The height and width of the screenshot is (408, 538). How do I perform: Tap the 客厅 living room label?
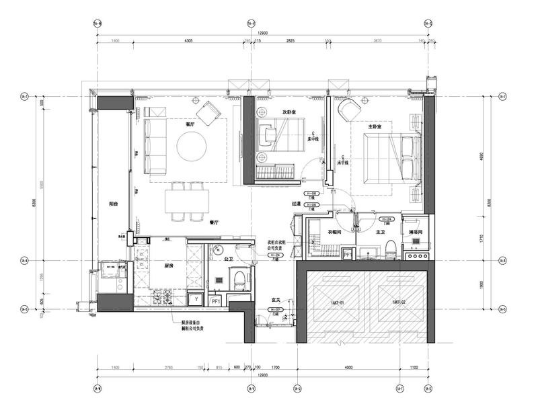190,124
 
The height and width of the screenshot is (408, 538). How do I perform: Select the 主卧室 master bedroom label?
375,126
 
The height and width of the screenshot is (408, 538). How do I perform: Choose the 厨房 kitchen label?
169,266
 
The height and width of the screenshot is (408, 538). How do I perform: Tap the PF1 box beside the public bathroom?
216,301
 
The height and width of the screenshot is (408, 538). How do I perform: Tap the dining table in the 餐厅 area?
188,200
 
